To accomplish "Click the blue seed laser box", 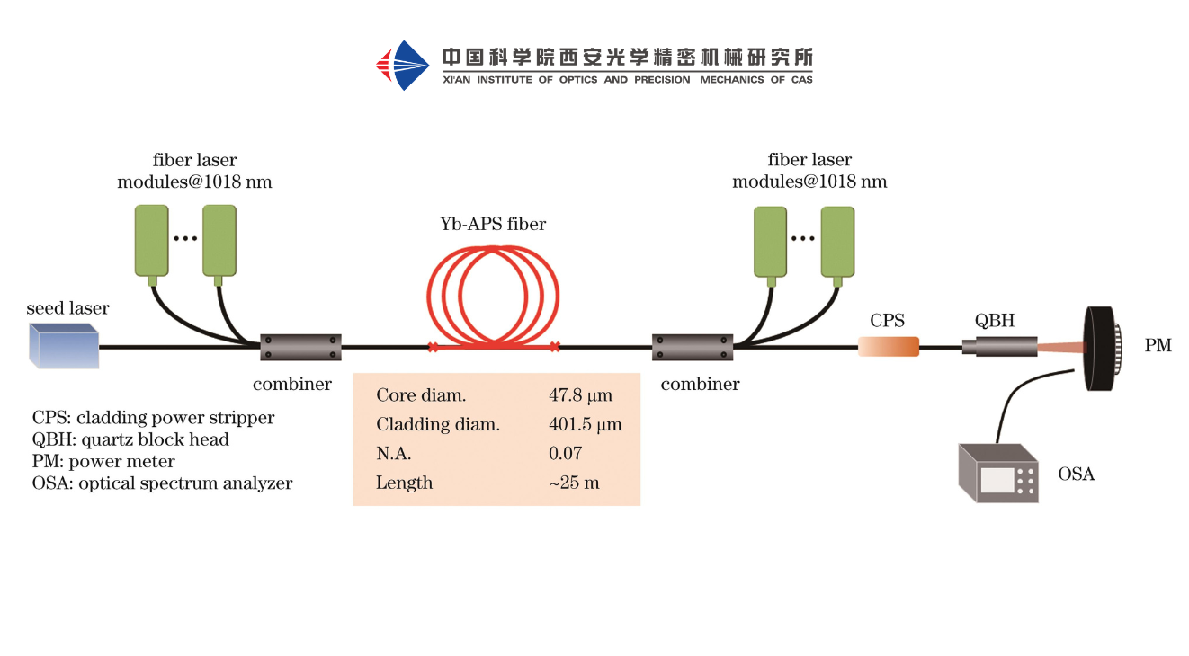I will point(64,346).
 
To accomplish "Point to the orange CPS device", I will point(889,346).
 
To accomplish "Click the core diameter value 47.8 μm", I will point(580,395).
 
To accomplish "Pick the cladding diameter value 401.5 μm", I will point(586,425).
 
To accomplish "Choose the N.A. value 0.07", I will point(566,454).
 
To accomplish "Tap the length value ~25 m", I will point(574,483).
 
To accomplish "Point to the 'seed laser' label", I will point(67,308).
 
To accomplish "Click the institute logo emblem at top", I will point(402,65).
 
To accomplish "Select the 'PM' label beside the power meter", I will point(1158,346).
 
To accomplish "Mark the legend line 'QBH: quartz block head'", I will point(130,439).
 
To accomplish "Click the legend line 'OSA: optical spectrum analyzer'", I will point(162,483).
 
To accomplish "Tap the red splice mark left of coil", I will point(433,347).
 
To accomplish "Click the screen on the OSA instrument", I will point(996,481).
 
